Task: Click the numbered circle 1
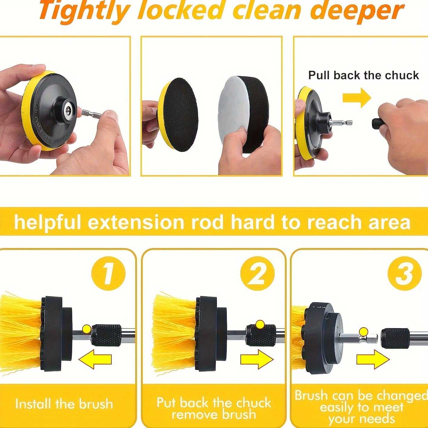tap(108, 273)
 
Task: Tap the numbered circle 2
tap(257, 273)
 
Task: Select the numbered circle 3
tap(404, 273)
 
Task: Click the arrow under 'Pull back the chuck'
tap(357, 98)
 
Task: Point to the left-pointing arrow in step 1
tap(95, 359)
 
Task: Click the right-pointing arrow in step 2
tap(257, 359)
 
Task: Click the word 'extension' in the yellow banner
tap(136, 222)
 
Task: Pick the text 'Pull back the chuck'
tap(364, 75)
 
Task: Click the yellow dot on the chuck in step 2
tap(260, 325)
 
